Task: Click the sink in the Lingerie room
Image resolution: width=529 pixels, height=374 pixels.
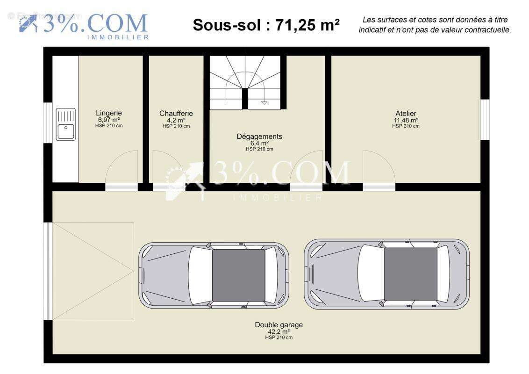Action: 66,124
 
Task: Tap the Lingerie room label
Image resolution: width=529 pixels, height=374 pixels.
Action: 109,113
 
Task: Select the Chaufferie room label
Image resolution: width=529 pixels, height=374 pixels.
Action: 176,114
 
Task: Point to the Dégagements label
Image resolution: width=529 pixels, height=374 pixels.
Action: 259,137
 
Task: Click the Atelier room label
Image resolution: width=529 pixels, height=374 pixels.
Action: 406,113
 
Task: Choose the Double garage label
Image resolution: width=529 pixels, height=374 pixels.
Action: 279,325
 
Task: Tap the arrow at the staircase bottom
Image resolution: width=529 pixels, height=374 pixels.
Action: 264,102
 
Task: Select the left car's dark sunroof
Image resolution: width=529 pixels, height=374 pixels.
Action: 238,275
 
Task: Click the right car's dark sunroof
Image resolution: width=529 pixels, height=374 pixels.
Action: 411,274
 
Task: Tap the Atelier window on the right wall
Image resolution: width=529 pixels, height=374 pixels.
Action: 485,120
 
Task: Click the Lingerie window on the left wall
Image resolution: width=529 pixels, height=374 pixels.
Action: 48,122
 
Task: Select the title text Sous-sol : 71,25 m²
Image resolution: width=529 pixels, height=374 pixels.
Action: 266,25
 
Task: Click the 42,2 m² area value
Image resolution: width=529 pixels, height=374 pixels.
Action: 279,331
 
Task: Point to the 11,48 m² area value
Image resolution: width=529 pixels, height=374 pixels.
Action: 406,120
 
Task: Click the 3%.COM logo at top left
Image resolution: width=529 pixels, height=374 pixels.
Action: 84,26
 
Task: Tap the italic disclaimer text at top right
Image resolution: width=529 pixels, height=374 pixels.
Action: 435,25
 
